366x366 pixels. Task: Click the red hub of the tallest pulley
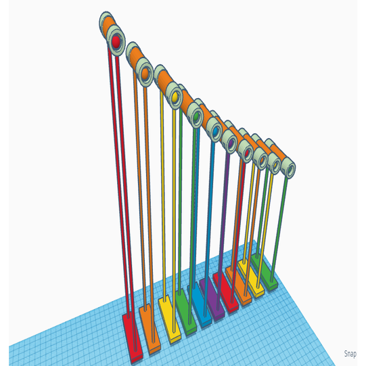[x=116, y=43]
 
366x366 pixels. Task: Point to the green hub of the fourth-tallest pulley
[x=197, y=116]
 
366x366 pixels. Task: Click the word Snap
[x=350, y=354]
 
